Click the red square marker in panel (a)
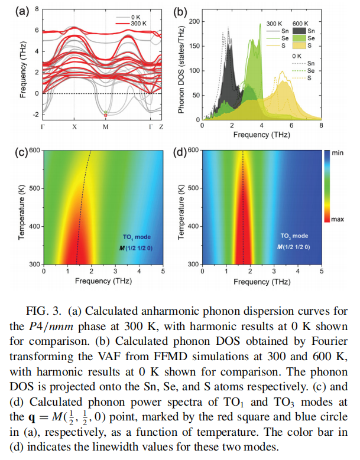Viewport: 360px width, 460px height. [x=105, y=115]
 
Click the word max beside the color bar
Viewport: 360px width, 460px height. [x=338, y=219]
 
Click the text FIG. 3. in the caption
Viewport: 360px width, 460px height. [x=45, y=311]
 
